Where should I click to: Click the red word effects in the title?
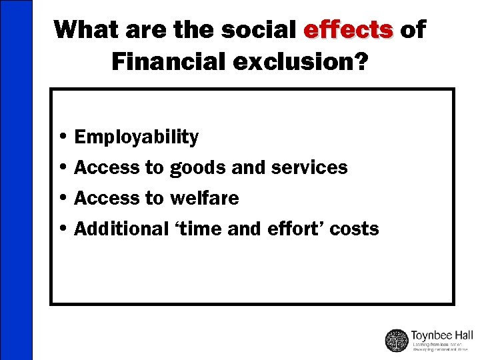click(x=347, y=30)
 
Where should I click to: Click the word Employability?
click(x=136, y=137)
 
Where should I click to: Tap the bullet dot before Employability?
click(x=62, y=137)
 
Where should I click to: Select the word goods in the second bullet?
click(x=199, y=168)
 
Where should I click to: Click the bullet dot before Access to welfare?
click(x=62, y=198)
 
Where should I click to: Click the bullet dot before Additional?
click(x=62, y=229)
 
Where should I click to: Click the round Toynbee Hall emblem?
click(x=397, y=340)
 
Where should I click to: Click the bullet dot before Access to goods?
click(x=62, y=168)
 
